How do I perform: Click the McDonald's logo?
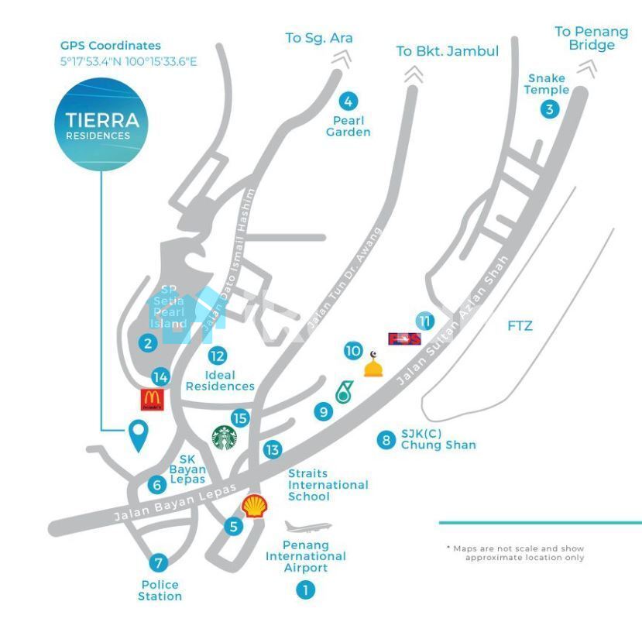153,399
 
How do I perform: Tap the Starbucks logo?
225,437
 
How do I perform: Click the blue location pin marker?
139,435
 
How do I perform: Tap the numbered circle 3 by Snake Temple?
549,109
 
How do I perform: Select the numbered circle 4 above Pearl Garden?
348,101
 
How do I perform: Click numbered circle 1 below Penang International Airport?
305,590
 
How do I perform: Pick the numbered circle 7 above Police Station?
160,563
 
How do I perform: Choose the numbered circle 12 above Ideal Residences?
218,356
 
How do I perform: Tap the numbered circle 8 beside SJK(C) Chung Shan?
386,440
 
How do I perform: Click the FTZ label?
520,326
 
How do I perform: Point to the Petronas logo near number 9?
342,392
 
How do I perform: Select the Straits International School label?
328,485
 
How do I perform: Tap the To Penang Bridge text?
592,38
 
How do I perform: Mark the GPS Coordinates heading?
111,46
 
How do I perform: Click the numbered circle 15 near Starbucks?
241,418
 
